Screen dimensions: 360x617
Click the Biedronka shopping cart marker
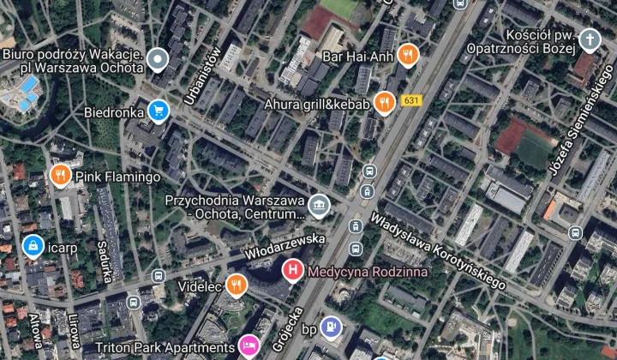[157, 111]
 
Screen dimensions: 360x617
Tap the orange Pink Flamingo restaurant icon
[59, 176]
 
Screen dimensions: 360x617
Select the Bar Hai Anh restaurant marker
[408, 56]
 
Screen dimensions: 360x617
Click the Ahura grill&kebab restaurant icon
[384, 104]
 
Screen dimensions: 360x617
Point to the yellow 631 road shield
[411, 100]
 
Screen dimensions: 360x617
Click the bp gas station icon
[332, 326]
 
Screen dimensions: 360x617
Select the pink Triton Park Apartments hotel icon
[249, 346]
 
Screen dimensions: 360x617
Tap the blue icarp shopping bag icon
[33, 247]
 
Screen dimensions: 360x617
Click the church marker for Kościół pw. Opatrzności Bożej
[590, 39]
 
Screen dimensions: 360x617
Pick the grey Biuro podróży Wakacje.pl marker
[157, 59]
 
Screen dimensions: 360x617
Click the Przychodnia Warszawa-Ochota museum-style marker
[319, 205]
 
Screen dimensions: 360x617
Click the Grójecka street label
[287, 329]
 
